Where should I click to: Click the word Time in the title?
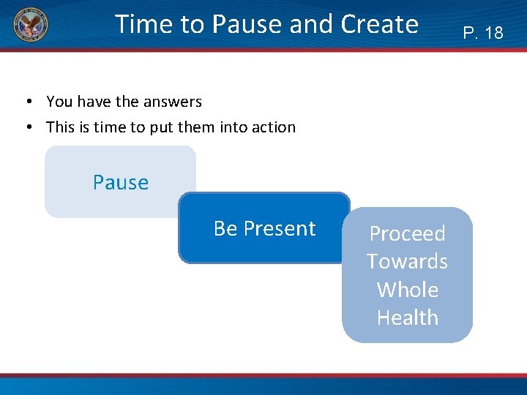[142, 24]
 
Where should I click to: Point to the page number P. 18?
[483, 33]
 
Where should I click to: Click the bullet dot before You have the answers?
[27, 102]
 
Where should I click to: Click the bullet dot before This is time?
[27, 127]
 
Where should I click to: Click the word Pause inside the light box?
[121, 182]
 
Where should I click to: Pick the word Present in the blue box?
[280, 229]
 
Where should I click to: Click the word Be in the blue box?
[225, 229]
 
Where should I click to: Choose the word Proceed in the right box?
[407, 233]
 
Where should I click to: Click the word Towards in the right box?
[407, 261]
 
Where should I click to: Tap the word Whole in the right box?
[407, 290]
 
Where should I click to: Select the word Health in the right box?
[407, 317]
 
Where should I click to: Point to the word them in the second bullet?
[195, 127]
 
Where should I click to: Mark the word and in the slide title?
[310, 24]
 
